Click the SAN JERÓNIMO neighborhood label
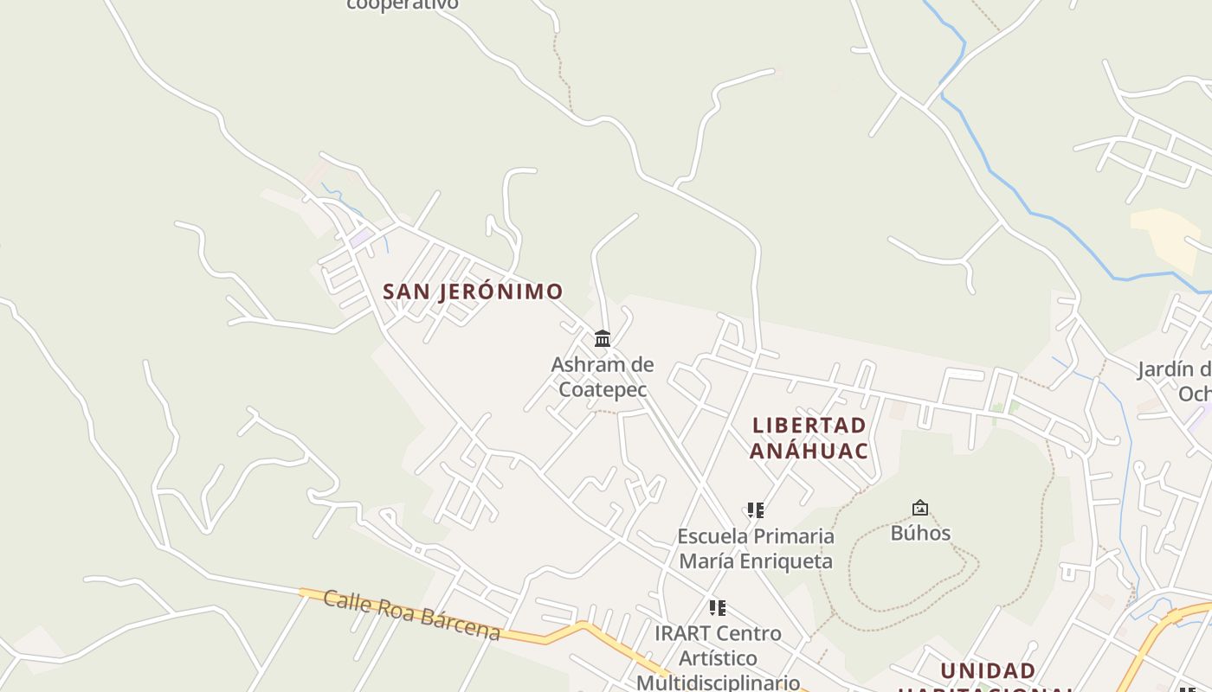(473, 292)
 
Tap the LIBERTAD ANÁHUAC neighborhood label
(809, 438)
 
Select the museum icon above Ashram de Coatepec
(603, 338)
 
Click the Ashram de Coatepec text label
(603, 376)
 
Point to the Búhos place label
(920, 533)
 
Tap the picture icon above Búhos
(920, 508)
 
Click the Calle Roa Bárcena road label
(412, 615)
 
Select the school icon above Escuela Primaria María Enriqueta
(756, 510)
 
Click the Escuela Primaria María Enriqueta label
(756, 548)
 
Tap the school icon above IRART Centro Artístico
(717, 608)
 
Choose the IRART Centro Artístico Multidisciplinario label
(718, 657)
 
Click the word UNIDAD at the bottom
(988, 671)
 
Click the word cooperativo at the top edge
(402, 4)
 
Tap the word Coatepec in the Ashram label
(603, 389)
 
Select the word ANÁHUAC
(809, 451)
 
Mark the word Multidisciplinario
(718, 682)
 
